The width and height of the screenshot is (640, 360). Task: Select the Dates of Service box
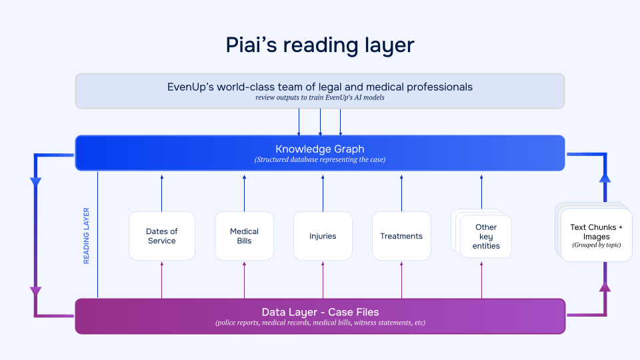162,236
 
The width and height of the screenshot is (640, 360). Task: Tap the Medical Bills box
244,236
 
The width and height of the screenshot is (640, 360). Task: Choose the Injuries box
323,236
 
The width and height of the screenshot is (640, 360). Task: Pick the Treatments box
401,236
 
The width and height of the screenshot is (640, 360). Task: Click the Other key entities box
485,237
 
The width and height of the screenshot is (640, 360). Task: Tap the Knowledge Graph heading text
320,149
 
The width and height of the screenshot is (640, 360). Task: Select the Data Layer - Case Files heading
320,312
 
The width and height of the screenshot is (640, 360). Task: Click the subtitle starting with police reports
320,323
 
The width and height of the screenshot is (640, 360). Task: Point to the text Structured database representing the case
320,159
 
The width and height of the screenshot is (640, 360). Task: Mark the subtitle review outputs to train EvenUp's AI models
320,98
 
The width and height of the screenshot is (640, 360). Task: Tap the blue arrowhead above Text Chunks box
605,177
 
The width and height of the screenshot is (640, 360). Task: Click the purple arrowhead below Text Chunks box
605,287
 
